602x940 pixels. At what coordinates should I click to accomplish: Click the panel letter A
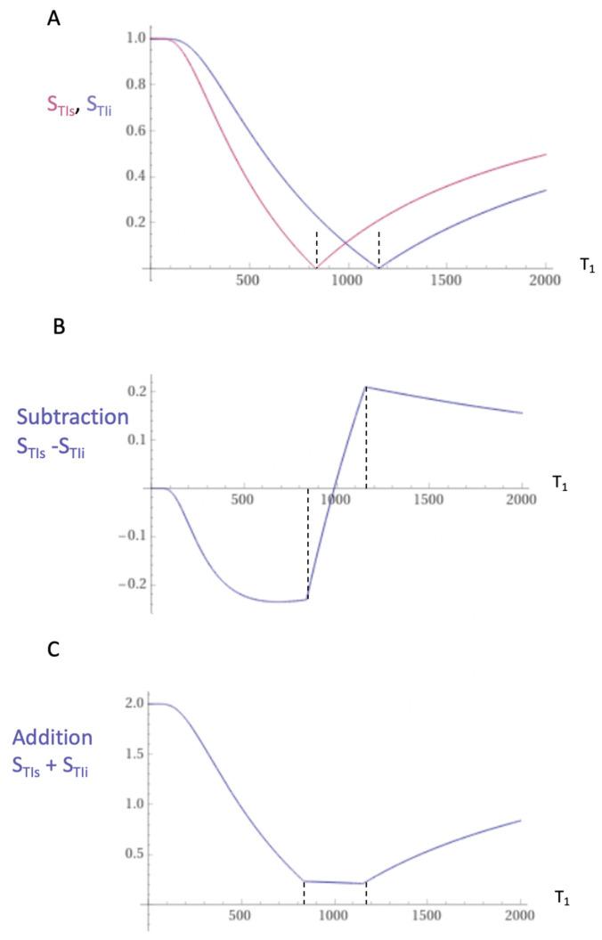(x=53, y=17)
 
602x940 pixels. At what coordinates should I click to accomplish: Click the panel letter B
(x=59, y=326)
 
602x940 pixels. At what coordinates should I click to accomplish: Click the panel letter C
(x=53, y=649)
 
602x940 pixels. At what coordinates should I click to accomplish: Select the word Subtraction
(x=72, y=417)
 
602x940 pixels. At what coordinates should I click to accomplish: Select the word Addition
(x=53, y=738)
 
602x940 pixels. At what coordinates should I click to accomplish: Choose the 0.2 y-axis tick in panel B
(x=136, y=391)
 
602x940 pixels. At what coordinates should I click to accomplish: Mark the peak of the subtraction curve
(x=365, y=387)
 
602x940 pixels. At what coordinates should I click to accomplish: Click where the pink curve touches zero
(x=316, y=267)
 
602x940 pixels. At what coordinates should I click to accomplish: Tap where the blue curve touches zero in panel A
(x=378, y=267)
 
